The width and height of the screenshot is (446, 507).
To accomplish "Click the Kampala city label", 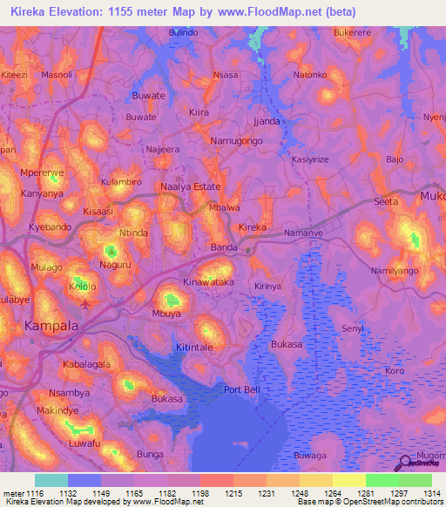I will pos(51,326).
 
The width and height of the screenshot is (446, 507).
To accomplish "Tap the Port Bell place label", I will pos(242,389).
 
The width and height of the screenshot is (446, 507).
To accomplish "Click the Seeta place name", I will pos(386,202).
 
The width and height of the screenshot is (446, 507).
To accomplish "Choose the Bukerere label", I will pos(353,31).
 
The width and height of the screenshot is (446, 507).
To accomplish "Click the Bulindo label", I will pos(184,31).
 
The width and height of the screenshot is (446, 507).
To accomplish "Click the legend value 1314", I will pos(433,493).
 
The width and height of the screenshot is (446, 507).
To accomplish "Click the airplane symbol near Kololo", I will pos(84,304).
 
